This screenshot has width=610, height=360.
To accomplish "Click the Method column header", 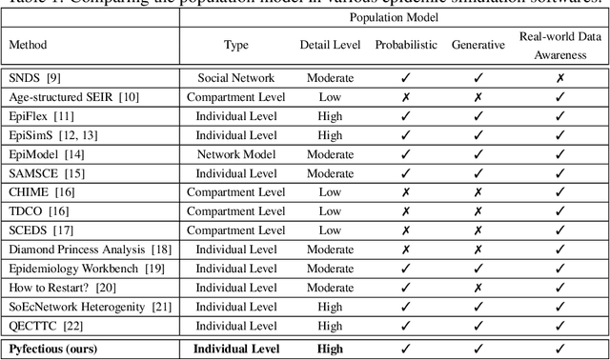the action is coord(28,45).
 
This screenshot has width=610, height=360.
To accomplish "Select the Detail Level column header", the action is coord(331,45).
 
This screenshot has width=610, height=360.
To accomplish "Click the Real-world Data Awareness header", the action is coord(559,45).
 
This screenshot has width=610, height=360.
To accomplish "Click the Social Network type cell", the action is coord(235,77).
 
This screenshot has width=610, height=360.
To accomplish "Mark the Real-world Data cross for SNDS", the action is coord(559,77).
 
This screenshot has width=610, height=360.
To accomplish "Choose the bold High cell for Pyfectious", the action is coord(331,350).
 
